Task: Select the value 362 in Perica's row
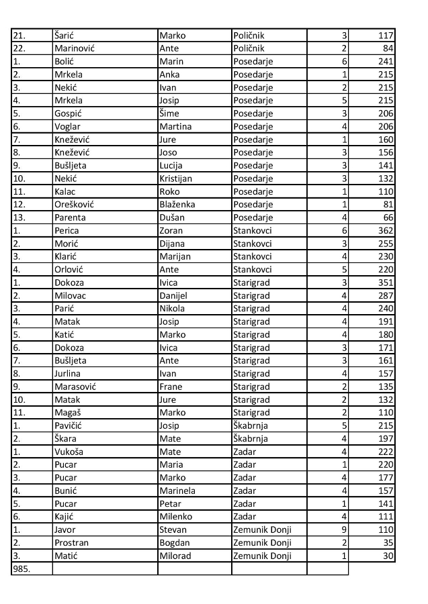385,230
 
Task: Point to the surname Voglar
68,126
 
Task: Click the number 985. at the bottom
22,569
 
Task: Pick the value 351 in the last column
385,282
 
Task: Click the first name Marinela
177,490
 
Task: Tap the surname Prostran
71,542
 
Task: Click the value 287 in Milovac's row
385,295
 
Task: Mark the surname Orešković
76,204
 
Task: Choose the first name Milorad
175,555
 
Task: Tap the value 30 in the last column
388,555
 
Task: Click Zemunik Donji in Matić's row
262,555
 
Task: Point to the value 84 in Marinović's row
388,48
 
